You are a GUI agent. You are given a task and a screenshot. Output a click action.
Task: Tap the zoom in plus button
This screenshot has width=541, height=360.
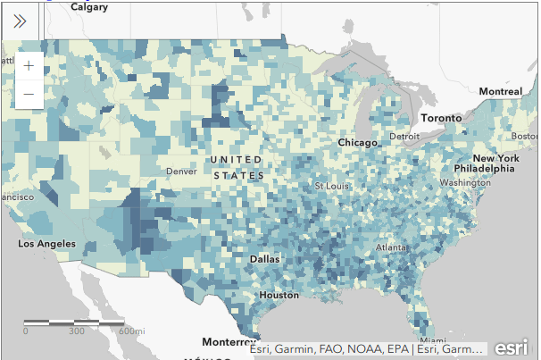pyautogui.click(x=29, y=65)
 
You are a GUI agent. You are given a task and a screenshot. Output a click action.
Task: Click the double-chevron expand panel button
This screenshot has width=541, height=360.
pyautogui.click(x=20, y=20)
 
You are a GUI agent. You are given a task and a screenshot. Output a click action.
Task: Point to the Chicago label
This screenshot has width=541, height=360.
pyautogui.click(x=359, y=143)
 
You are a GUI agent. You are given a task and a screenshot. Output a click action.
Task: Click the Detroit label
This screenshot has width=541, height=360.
pyautogui.click(x=404, y=137)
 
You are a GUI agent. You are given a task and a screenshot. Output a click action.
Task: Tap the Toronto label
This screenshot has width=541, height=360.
pyautogui.click(x=441, y=119)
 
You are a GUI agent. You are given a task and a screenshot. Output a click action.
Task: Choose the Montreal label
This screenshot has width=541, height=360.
pyautogui.click(x=500, y=92)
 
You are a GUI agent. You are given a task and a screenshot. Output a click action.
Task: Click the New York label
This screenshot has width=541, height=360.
pyautogui.click(x=496, y=158)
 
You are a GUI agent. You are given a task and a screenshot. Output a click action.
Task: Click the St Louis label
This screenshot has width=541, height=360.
pyautogui.click(x=330, y=186)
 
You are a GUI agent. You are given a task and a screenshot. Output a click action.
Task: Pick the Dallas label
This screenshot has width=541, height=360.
pyautogui.click(x=264, y=259)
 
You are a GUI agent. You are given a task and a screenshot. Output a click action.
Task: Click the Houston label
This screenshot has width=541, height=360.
pyautogui.click(x=279, y=295)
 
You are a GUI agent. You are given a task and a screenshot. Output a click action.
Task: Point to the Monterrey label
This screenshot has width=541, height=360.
pyautogui.click(x=229, y=342)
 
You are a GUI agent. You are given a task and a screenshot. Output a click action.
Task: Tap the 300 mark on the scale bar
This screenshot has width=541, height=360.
pyautogui.click(x=77, y=331)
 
